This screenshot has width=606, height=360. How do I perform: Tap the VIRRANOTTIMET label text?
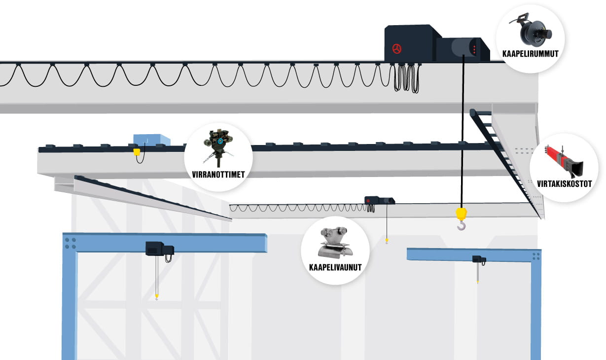(x=218, y=174)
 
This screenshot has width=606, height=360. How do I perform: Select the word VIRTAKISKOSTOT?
(x=565, y=184)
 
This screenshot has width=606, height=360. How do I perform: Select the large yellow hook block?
(x=462, y=214)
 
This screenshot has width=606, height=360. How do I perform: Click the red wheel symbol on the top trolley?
(x=397, y=48)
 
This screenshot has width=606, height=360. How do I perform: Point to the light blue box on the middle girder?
(x=151, y=140)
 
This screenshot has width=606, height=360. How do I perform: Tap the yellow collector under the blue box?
(x=137, y=152)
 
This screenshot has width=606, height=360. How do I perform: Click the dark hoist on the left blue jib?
(x=159, y=248)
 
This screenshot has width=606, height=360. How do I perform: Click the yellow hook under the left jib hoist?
(x=157, y=296)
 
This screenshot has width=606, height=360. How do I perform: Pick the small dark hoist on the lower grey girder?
(x=379, y=200)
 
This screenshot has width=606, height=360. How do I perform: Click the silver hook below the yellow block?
(x=461, y=226)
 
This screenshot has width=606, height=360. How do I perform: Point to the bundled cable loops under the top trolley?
(x=407, y=78)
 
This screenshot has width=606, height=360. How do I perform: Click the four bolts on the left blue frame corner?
(x=70, y=243)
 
